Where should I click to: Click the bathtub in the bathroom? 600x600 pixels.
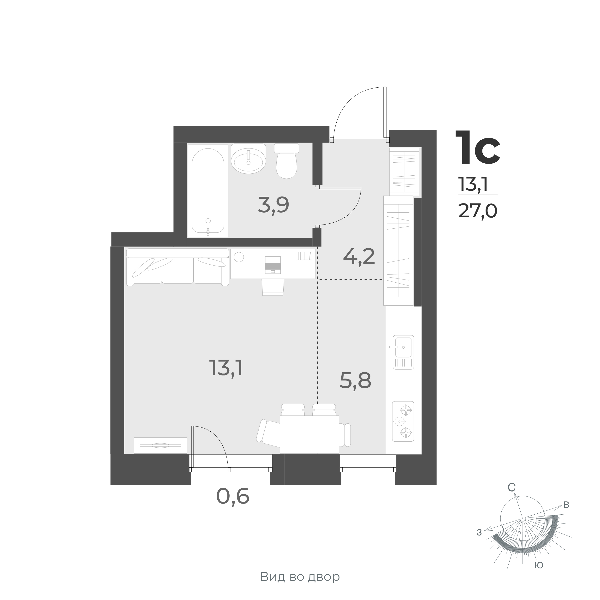[x=208, y=190]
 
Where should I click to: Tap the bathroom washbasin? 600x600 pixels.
[x=249, y=158]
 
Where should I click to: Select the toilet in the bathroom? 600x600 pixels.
[x=286, y=161]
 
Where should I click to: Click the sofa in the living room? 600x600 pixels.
[x=178, y=267]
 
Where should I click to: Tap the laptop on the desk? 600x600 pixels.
[x=273, y=265]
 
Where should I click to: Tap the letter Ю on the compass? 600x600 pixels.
[x=539, y=565]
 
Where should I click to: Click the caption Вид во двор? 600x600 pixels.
[x=300, y=577]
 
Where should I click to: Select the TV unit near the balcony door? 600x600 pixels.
[x=160, y=445]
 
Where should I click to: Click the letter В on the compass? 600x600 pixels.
[x=566, y=505]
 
